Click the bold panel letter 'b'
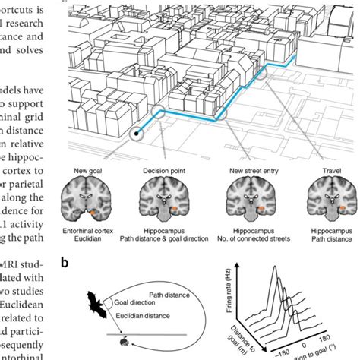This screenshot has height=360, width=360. coord(66,263)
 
